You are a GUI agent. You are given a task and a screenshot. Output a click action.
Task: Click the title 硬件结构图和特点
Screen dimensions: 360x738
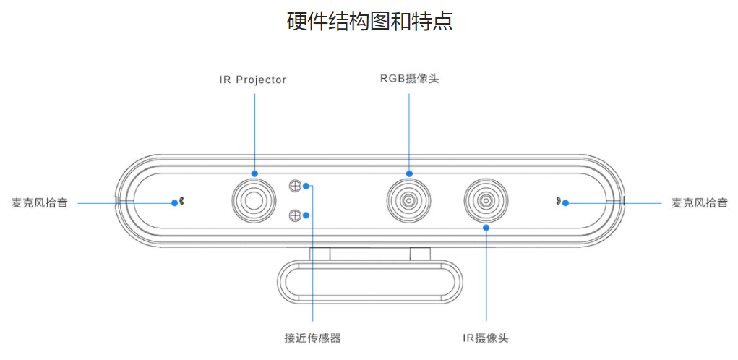369,21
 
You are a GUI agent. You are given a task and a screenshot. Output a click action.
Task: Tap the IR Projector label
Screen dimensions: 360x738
253,80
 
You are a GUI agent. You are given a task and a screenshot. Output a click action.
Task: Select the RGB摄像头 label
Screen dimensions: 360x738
409,79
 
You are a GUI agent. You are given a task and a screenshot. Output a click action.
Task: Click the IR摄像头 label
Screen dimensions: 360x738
486,338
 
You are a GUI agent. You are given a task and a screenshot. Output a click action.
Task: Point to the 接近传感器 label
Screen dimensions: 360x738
312,338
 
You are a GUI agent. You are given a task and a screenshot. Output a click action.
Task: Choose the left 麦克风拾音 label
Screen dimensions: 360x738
40,203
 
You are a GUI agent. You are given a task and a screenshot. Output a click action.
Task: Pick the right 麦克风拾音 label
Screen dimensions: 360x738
699,203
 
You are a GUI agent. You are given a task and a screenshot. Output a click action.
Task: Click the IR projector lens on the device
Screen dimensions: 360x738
254,200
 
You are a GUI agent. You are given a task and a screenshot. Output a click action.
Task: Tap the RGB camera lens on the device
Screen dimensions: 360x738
409,200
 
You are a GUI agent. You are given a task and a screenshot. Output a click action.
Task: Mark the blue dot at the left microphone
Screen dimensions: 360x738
174,203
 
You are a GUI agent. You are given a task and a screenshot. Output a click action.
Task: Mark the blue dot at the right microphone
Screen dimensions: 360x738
566,202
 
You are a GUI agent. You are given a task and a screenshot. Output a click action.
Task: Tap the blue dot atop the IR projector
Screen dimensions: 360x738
254,173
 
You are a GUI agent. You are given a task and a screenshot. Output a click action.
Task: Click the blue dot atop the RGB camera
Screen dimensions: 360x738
409,173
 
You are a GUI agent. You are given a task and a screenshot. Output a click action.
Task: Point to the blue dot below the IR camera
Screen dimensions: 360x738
486,228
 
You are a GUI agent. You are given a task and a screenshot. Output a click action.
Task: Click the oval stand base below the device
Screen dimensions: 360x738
369,281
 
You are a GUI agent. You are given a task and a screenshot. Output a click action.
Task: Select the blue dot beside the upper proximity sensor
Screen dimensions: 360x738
307,187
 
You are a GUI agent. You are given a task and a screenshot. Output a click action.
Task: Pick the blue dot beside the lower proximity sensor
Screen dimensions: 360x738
307,215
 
